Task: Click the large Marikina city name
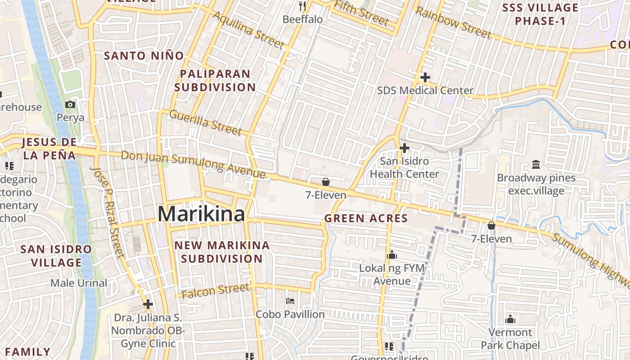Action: click(201, 214)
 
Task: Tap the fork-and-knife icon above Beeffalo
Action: click(302, 6)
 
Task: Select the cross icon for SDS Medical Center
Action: click(425, 77)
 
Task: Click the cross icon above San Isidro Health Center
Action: click(404, 148)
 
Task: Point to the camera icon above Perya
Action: click(70, 105)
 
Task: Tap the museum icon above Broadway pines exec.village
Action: click(536, 164)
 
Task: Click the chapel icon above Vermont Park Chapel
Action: click(510, 319)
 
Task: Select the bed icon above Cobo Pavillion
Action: click(290, 301)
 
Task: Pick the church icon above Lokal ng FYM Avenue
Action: click(392, 255)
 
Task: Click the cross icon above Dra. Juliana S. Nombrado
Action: click(148, 305)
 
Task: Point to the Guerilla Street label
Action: click(205, 122)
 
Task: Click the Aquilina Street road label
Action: click(248, 30)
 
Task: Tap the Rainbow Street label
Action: click(453, 22)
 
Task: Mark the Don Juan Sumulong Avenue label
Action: click(193, 164)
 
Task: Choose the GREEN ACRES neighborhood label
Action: click(366, 219)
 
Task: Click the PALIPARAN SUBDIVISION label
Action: click(215, 81)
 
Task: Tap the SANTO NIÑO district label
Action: click(144, 56)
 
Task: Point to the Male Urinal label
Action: click(79, 283)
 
